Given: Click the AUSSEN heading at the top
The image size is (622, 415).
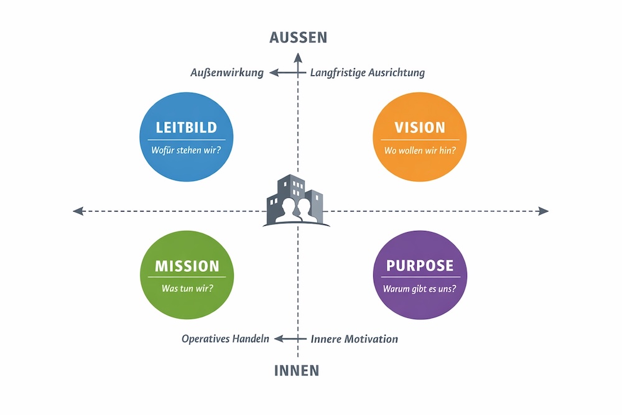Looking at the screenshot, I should [298, 37].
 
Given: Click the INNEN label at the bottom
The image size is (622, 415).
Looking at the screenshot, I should [297, 371].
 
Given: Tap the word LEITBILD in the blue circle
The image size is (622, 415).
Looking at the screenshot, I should [187, 128].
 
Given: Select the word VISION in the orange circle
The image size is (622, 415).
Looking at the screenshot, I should [420, 128].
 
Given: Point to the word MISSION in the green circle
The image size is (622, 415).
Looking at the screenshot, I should [187, 266].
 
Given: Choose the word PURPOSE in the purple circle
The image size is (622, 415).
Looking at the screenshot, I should [420, 266].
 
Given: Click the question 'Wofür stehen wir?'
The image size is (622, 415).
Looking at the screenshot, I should [187, 150].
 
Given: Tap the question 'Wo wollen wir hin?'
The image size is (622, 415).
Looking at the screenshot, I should [420, 150].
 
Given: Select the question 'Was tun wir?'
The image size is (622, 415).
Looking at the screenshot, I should [187, 288].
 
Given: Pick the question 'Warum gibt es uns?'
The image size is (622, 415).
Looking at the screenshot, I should [420, 288].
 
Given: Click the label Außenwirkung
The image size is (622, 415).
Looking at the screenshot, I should [227, 73].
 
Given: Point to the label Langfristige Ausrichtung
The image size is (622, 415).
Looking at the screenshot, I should [368, 73].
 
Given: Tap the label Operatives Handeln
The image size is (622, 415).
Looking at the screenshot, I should [225, 339].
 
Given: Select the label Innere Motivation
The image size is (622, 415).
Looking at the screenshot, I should [355, 339].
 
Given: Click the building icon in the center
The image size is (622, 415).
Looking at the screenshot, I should [296, 200].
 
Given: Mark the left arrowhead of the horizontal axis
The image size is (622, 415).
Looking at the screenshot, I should [77, 211].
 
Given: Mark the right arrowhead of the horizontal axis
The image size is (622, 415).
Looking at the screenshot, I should [544, 211].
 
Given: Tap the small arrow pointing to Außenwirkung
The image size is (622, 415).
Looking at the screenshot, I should [275, 73].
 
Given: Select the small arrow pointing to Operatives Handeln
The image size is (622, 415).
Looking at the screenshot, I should [280, 339].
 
